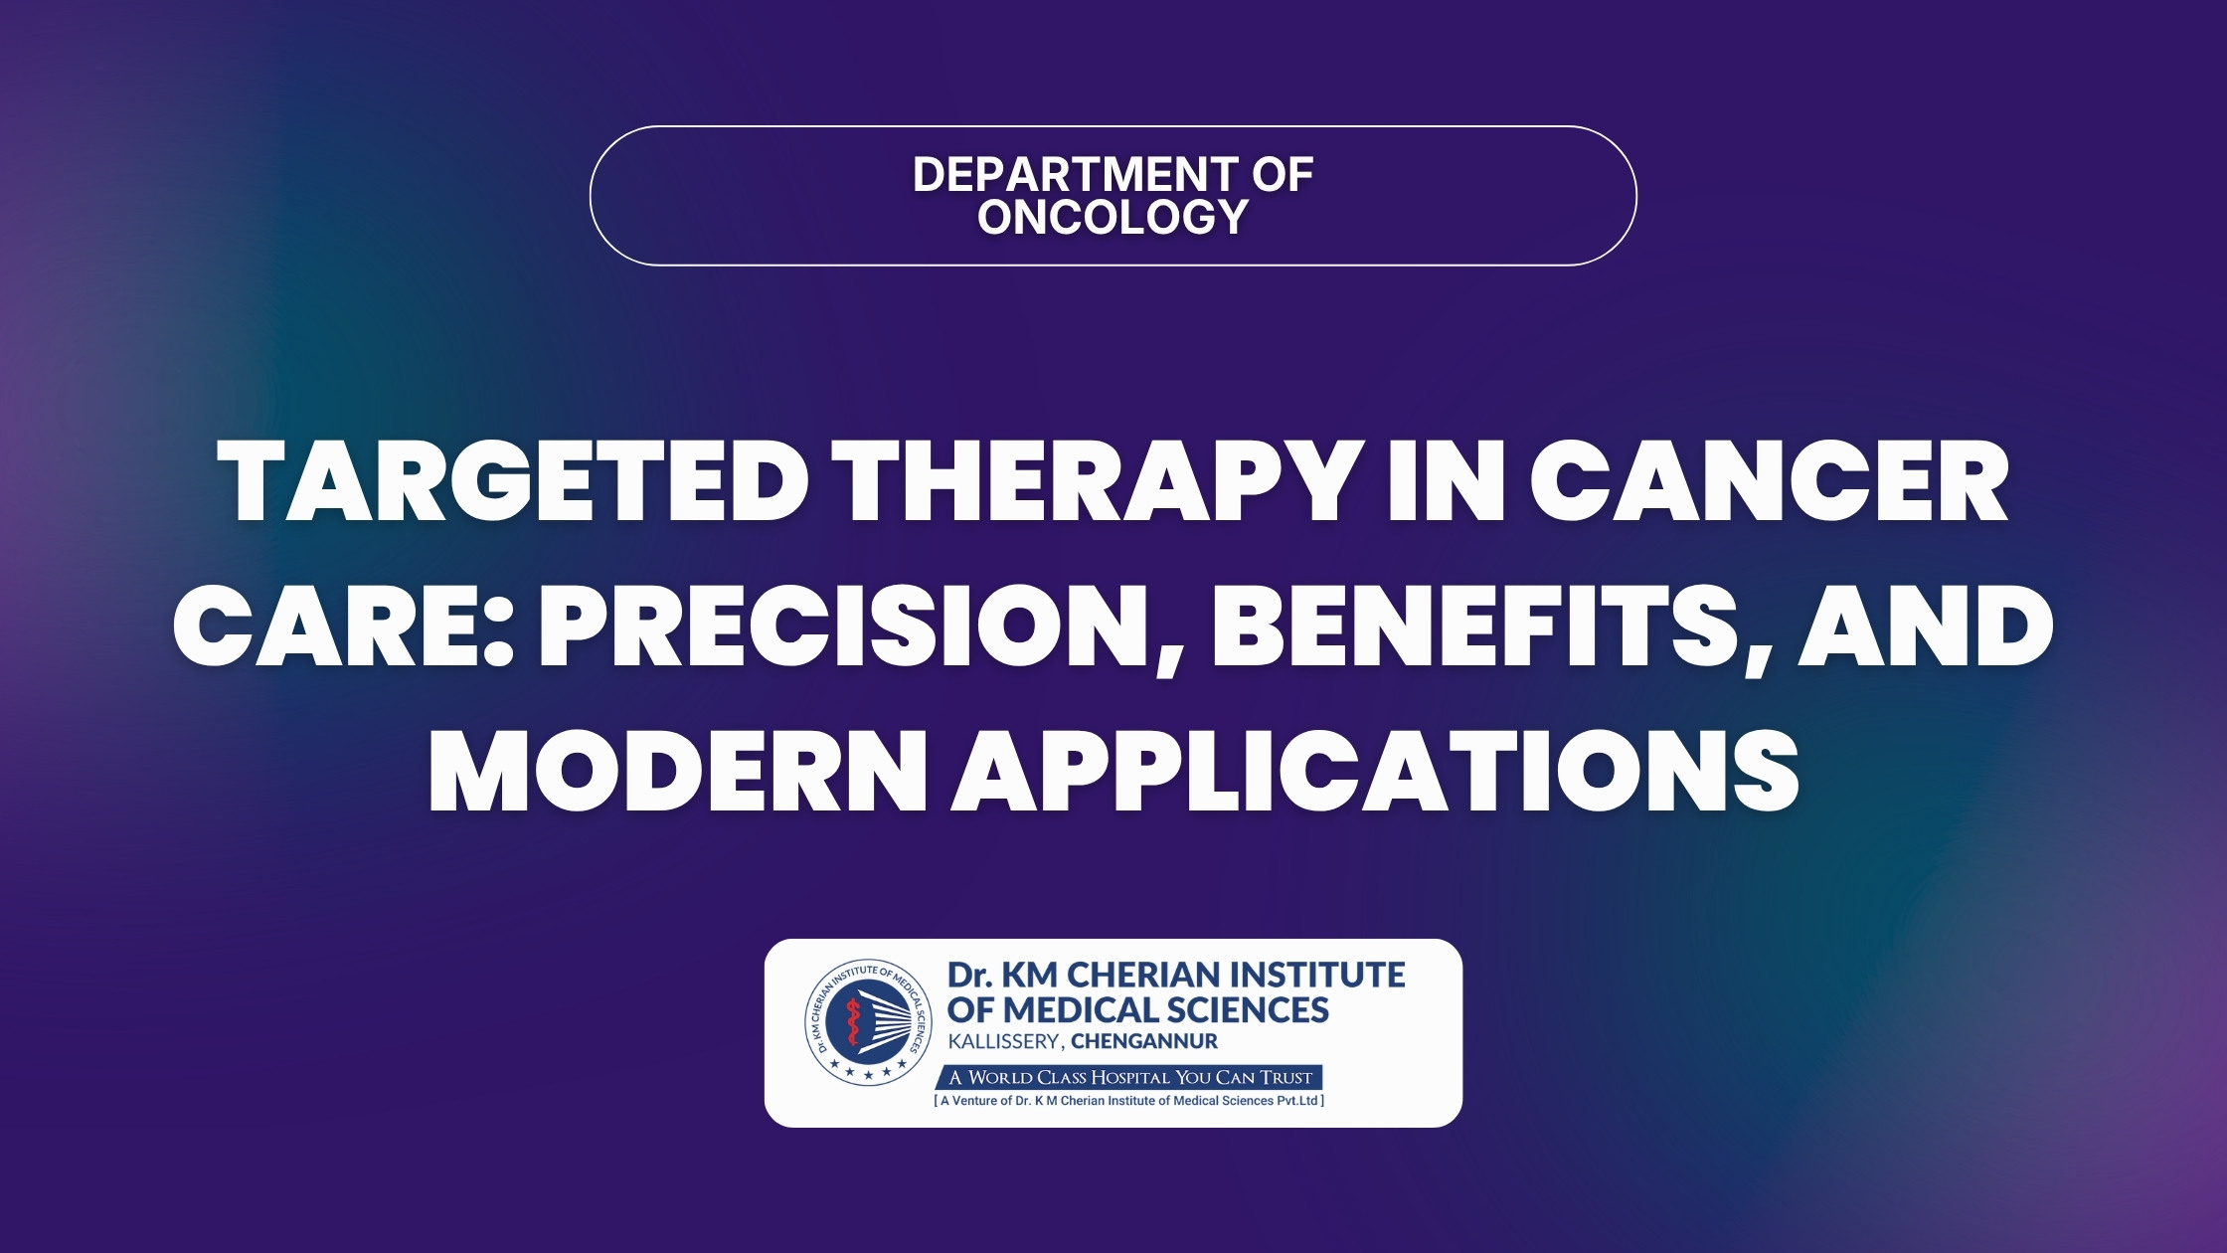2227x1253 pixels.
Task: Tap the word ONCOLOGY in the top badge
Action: tap(1113, 217)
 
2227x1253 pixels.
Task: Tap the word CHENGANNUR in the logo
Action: tap(1144, 1042)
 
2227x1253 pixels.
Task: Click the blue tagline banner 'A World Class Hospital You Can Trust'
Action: tap(1129, 1077)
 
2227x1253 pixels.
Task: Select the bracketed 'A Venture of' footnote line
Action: tap(1129, 1101)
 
